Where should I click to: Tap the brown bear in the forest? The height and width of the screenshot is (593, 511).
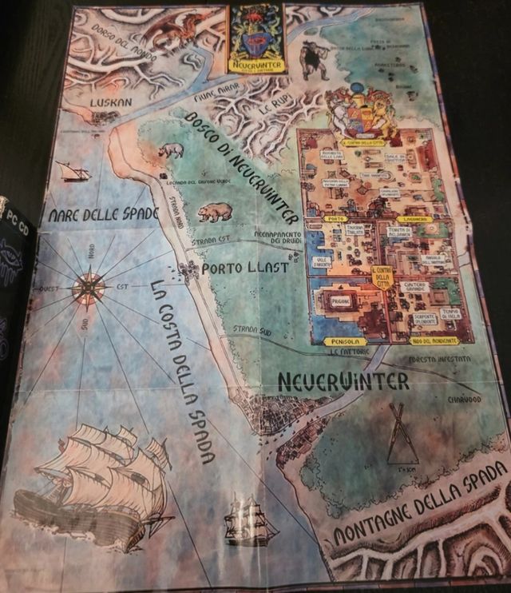(215, 213)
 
